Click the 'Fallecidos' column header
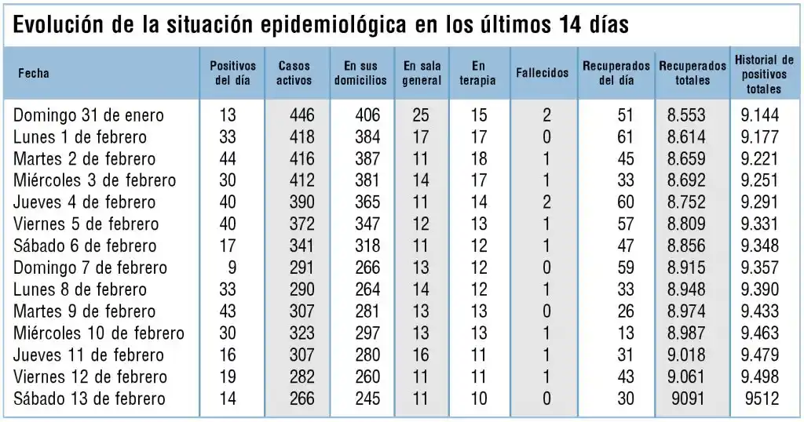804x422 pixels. [x=542, y=73]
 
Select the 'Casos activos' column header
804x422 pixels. [x=294, y=73]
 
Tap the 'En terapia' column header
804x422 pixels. [x=478, y=73]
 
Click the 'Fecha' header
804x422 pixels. [x=34, y=73]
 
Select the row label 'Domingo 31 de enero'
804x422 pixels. [x=89, y=115]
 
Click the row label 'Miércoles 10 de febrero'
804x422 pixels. [x=99, y=333]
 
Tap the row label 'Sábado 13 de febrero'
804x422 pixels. [x=90, y=399]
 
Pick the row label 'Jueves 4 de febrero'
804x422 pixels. [x=85, y=202]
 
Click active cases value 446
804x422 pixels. [x=301, y=115]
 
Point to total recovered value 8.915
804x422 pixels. [x=686, y=268]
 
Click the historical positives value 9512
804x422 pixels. [x=759, y=399]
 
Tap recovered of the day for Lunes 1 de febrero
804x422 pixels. [x=624, y=137]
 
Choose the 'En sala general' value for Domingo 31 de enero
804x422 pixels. [x=421, y=115]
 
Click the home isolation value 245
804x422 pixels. [x=367, y=399]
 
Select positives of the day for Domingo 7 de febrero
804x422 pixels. [x=232, y=268]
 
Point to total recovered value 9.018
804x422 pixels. [x=686, y=355]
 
